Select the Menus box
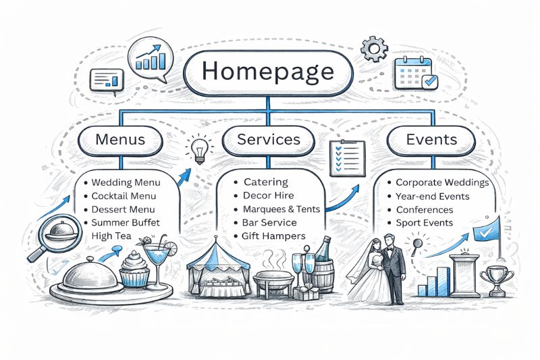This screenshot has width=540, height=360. point(121,140)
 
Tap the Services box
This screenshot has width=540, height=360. point(269,140)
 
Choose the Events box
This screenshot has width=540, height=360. point(431,140)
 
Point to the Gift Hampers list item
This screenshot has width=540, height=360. point(274,236)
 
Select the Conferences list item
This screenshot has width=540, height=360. point(425,209)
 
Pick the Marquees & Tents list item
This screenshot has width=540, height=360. point(281,209)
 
